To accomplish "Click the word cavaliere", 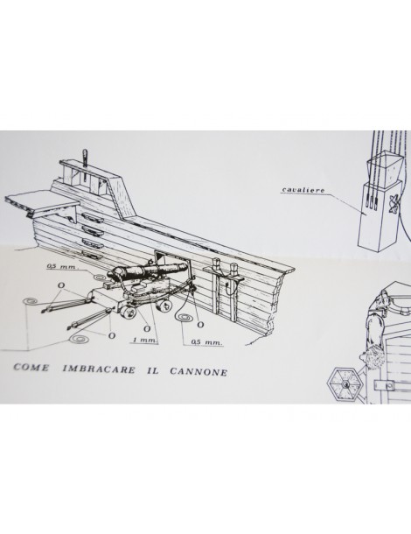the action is [x=303, y=190].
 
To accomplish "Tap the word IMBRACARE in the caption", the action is [x=99, y=369].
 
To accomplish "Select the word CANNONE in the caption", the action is [x=199, y=371].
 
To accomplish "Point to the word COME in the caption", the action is [x=31, y=368].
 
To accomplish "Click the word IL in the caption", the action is [x=152, y=370].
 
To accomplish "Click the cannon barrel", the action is [x=150, y=271].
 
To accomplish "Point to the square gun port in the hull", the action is [x=171, y=259].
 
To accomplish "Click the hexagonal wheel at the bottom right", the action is [x=345, y=384].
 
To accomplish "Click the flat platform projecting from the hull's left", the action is [x=40, y=204].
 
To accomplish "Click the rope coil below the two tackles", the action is [x=79, y=339].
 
